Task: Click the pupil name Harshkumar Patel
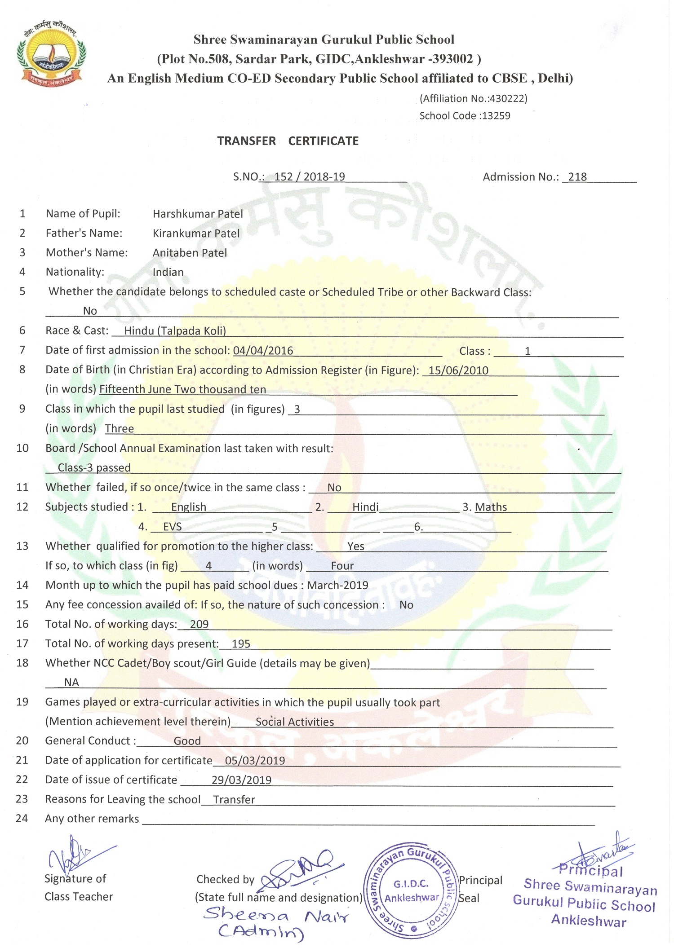[x=198, y=214]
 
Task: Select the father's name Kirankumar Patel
[x=196, y=234]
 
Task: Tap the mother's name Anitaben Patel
[x=190, y=253]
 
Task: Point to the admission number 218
[x=577, y=177]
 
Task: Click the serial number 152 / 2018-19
[x=310, y=177]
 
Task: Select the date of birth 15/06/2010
[x=458, y=370]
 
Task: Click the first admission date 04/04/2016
[x=263, y=351]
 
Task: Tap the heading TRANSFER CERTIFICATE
[x=288, y=141]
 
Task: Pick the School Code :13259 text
[x=465, y=116]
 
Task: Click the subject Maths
[x=491, y=507]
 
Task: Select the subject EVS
[x=173, y=527]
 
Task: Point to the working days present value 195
[x=241, y=644]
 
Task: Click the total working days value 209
[x=199, y=624]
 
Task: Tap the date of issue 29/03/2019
[x=241, y=780]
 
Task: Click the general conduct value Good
[x=187, y=741]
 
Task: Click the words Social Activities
[x=295, y=722]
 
